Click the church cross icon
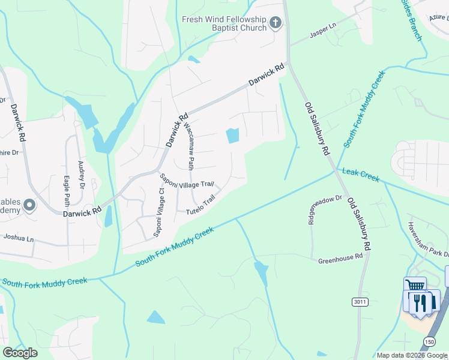[276, 23]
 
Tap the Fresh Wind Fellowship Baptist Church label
[224, 23]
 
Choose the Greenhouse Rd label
[340, 256]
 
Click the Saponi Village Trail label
[187, 181]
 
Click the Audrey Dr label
[81, 176]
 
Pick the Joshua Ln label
[19, 238]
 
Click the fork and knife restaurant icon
[425, 301]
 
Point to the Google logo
[20, 353]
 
